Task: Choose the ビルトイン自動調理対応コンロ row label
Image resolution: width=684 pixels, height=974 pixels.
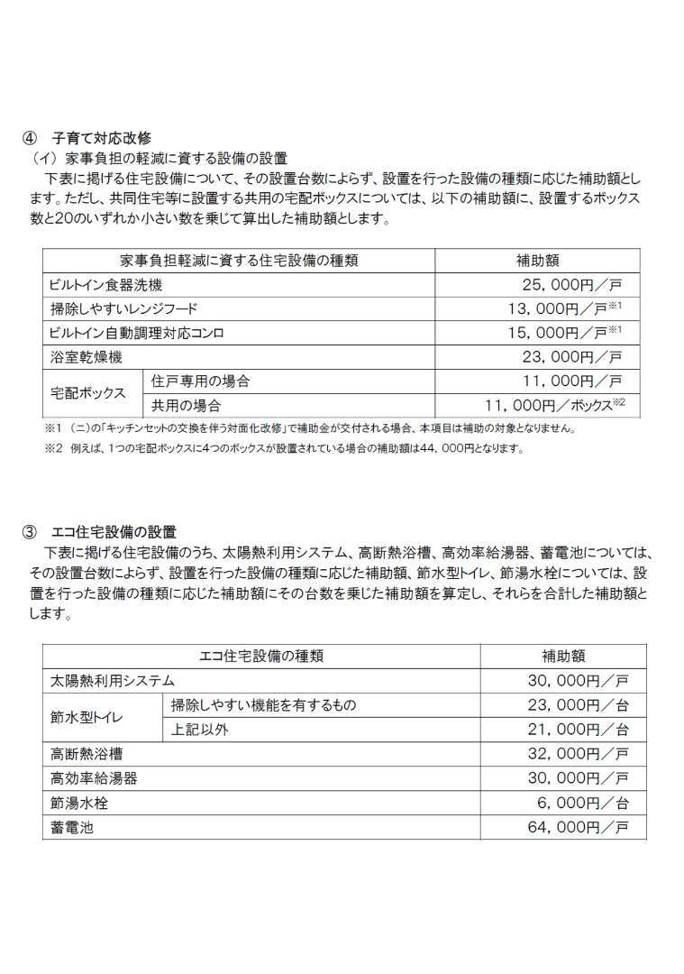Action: (137, 333)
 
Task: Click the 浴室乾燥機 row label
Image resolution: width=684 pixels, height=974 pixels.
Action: (86, 357)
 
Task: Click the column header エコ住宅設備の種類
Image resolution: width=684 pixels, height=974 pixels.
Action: (261, 656)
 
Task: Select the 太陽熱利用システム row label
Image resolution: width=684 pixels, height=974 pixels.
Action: (114, 680)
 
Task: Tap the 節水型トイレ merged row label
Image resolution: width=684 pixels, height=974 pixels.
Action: (88, 716)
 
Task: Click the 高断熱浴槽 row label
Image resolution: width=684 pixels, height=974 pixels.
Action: (80, 753)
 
